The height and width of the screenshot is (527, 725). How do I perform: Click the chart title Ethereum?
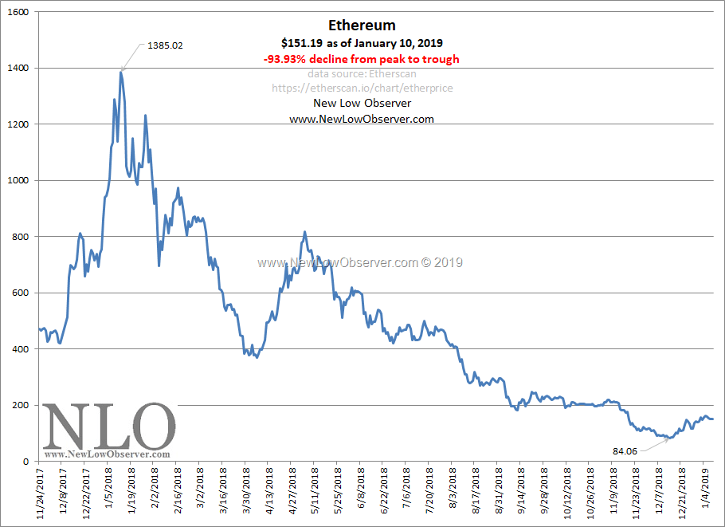[x=362, y=26]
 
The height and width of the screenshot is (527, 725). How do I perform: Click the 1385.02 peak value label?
[x=165, y=45]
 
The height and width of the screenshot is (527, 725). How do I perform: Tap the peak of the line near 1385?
[x=121, y=73]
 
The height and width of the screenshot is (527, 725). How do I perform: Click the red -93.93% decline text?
[x=361, y=59]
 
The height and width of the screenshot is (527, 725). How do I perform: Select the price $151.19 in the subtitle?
[x=301, y=43]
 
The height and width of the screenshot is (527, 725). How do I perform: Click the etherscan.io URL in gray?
[x=362, y=88]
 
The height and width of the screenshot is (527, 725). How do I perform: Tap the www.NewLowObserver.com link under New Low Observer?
[x=361, y=118]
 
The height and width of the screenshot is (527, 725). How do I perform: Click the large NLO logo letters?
[x=108, y=427]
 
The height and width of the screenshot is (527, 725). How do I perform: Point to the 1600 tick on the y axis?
[x=18, y=13]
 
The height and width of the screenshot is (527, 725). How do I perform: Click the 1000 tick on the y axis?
[x=18, y=181]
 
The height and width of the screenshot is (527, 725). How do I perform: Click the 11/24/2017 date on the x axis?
[x=41, y=494]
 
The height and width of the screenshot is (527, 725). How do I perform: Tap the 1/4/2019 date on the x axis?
[x=704, y=491]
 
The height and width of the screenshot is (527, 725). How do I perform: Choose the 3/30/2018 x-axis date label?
[x=246, y=494]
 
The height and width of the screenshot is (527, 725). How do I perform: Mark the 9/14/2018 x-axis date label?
[x=521, y=494]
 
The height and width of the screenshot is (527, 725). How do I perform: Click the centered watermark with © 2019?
[x=359, y=262]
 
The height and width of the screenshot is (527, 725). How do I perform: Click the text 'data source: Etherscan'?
[x=362, y=73]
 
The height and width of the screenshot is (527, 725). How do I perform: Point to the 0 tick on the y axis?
[x=25, y=462]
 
